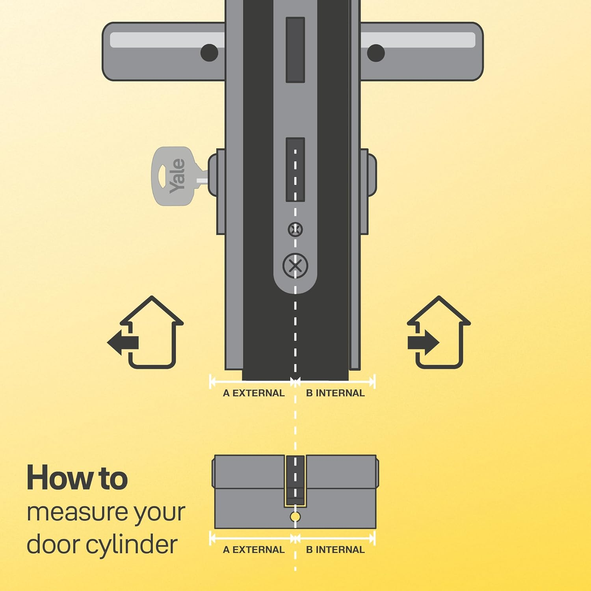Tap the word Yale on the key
pyautogui.click(x=177, y=176)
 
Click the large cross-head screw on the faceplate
pyautogui.click(x=295, y=266)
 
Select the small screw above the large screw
pyautogui.click(x=295, y=229)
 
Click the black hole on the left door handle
pyautogui.click(x=209, y=53)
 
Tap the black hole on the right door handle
pyautogui.click(x=376, y=53)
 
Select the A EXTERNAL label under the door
pyautogui.click(x=253, y=393)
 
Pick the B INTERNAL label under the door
pyautogui.click(x=335, y=393)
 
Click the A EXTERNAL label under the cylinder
pyautogui.click(x=253, y=550)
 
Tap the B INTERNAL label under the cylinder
pyautogui.click(x=335, y=550)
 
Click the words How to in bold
pyautogui.click(x=77, y=478)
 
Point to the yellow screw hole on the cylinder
pyautogui.click(x=295, y=517)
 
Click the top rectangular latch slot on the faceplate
pyautogui.click(x=295, y=50)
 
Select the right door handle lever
pyautogui.click(x=422, y=51)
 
